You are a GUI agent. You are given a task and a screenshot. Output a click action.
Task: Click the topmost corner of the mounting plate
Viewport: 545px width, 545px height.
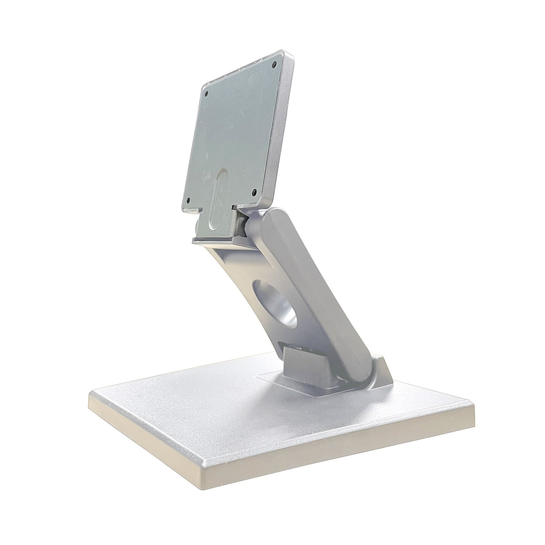pos(283,50)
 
